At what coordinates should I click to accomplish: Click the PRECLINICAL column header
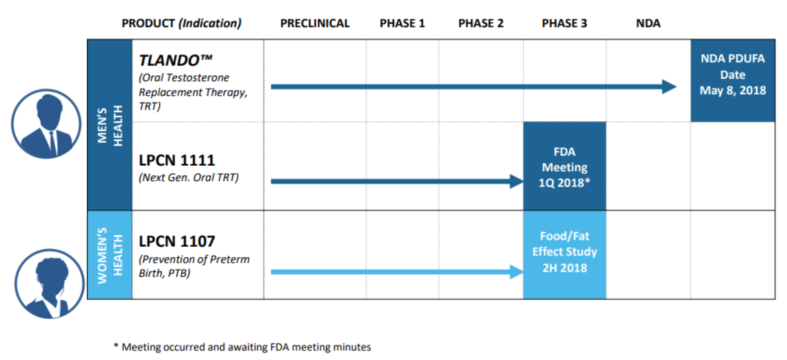tap(314, 23)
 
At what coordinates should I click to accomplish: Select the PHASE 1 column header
tap(402, 23)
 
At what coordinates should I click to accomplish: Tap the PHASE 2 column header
tap(481, 23)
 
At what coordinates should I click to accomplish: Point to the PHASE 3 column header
tap(564, 23)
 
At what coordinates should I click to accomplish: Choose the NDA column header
tap(648, 23)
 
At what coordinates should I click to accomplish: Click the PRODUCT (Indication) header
tap(181, 23)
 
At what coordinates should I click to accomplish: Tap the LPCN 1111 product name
tap(177, 161)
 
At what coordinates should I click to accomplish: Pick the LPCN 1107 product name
tap(177, 242)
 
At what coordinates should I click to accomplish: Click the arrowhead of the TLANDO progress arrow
tap(669, 87)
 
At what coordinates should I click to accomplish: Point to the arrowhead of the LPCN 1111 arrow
tap(516, 181)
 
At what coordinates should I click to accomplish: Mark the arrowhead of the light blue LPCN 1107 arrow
tap(516, 272)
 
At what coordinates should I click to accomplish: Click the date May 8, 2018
tap(733, 90)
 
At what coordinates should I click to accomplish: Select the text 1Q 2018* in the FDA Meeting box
tap(564, 183)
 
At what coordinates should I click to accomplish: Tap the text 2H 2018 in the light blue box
tap(564, 268)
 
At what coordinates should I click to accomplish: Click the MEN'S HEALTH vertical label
tap(110, 125)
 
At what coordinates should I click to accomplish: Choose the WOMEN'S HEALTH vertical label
tap(110, 255)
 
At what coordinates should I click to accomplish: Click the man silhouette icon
tap(46, 124)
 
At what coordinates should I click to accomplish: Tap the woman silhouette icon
tap(50, 284)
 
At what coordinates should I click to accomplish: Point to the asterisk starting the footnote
tap(116, 346)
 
